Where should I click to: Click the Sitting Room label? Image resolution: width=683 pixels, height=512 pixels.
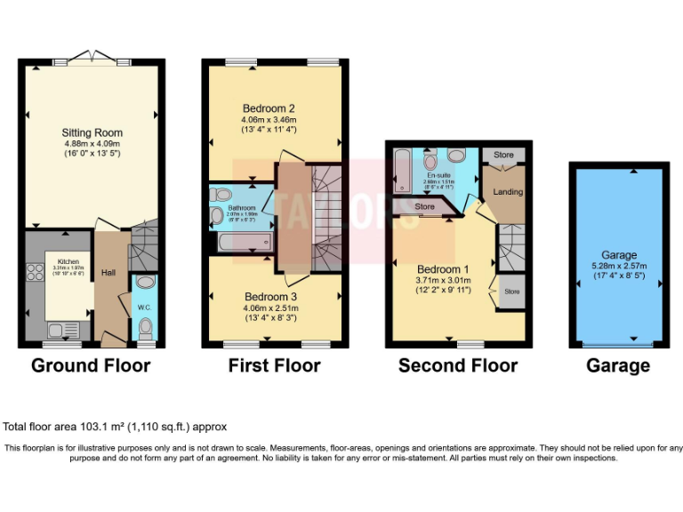(x=92, y=132)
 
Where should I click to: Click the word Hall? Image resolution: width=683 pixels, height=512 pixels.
(x=108, y=273)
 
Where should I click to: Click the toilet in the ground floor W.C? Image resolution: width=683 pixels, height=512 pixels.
(x=146, y=332)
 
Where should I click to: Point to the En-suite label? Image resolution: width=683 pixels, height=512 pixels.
(x=438, y=176)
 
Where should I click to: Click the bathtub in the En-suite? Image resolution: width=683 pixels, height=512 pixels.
(x=402, y=170)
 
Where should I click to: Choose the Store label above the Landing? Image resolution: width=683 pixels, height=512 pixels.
(x=503, y=156)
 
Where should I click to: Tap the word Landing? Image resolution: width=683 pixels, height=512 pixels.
(x=508, y=192)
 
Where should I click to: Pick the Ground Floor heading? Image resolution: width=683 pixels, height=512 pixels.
(x=91, y=365)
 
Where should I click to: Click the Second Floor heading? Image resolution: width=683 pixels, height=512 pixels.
(x=457, y=365)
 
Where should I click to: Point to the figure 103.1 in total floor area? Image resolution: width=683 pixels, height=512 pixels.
(x=78, y=427)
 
